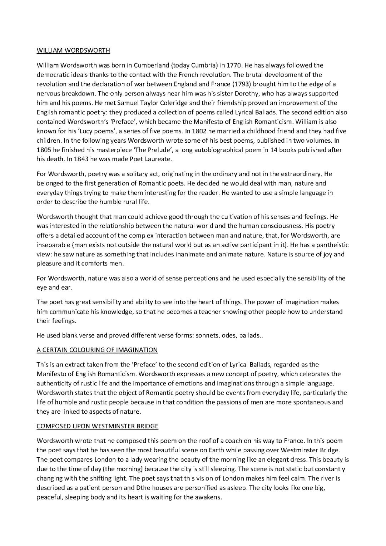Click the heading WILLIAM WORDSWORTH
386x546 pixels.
point(73,50)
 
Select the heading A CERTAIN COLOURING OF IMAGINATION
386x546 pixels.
point(97,350)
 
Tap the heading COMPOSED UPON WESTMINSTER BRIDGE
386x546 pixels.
point(97,426)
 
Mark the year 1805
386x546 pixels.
point(45,150)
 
